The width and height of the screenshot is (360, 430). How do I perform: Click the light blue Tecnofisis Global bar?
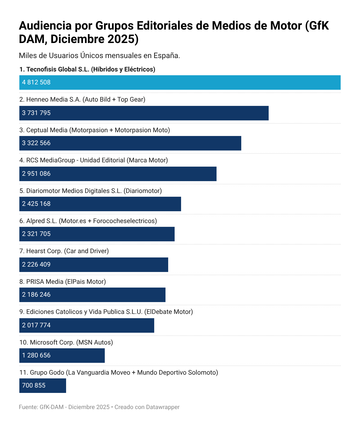pos(180,83)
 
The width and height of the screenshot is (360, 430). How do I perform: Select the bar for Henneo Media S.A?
pos(144,113)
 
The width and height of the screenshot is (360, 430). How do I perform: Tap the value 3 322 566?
pos(36,143)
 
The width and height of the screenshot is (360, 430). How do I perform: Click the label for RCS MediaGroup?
pos(93,160)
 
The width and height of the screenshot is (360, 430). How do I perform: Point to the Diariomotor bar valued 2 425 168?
pos(100,204)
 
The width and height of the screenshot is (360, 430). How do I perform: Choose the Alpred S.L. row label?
pos(88,221)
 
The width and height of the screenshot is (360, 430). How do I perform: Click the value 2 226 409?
pos(36,265)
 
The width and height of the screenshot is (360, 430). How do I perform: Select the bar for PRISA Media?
pos(92,295)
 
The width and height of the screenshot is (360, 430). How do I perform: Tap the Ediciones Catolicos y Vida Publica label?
pos(106,312)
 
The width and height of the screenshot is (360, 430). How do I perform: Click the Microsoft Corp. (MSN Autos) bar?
pos(62,356)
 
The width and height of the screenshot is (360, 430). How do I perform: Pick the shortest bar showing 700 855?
pos(43,386)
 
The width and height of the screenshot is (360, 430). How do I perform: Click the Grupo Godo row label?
pos(118,373)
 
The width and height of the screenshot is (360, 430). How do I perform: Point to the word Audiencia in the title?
pos(45,26)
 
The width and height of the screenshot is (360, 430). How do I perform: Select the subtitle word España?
pos(167,56)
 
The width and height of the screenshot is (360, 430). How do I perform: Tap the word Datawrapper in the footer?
pos(163,407)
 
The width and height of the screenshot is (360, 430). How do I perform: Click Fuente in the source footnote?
pos(28,407)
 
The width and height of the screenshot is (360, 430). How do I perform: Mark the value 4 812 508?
pos(36,83)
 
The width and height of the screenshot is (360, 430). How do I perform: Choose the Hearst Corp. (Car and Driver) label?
pos(64,251)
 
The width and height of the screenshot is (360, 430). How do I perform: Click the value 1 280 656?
pos(36,356)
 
